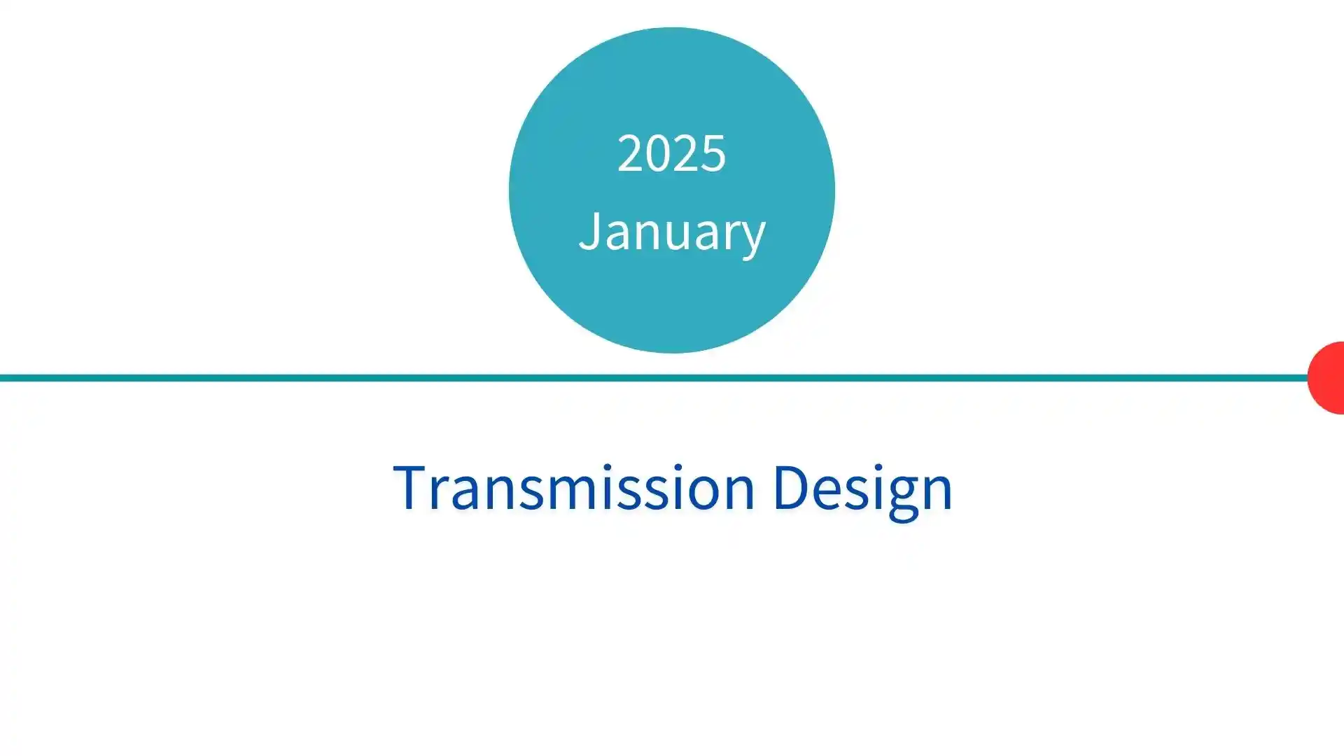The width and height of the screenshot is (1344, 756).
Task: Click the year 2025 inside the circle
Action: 671,153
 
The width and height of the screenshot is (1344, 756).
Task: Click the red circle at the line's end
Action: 1326,378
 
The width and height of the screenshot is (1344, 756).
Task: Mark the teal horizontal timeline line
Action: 654,378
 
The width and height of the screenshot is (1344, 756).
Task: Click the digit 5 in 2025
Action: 714,153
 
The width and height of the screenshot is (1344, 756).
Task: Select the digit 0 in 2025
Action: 658,153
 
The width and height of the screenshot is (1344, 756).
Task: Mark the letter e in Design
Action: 830,493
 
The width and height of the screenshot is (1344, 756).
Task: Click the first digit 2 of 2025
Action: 629,153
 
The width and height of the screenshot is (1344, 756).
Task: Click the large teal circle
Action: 672,190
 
